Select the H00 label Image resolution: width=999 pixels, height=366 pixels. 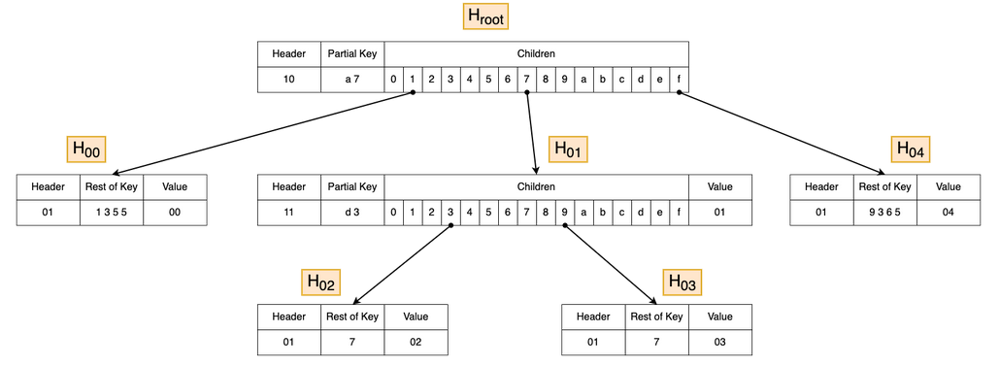pos(85,149)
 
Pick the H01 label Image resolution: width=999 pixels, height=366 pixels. pos(569,149)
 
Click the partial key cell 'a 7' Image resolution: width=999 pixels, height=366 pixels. pos(352,79)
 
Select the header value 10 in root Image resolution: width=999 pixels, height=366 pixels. pos(288,79)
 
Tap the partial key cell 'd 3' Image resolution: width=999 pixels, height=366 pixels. pos(352,213)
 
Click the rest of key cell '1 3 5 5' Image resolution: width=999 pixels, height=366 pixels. pos(112,213)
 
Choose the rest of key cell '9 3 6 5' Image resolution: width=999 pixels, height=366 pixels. pos(884,213)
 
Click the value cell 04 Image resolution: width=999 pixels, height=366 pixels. pos(948,213)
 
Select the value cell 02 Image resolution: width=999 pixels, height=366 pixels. pos(416,342)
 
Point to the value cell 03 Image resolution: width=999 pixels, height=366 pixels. pos(719,342)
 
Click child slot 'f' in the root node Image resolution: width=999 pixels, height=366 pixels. pos(679,79)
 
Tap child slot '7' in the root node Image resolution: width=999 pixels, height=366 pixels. pos(526,79)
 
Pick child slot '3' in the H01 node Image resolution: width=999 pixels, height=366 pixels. pos(450,213)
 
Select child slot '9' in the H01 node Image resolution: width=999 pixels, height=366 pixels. pos(564,213)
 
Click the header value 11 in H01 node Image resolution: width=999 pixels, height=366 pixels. pos(288,213)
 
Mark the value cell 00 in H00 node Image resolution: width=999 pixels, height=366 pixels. pos(175,213)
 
